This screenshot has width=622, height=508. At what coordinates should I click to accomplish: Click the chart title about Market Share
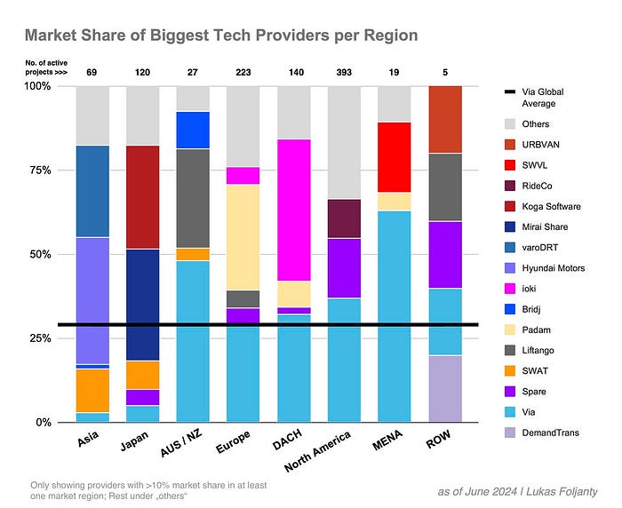click(220, 36)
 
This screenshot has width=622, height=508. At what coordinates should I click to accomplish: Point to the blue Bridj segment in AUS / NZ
click(193, 130)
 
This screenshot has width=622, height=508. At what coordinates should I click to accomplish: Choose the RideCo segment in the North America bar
click(345, 218)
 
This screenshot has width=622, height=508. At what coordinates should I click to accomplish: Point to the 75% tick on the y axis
click(38, 170)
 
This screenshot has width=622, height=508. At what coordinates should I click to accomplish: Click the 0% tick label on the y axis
click(42, 422)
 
